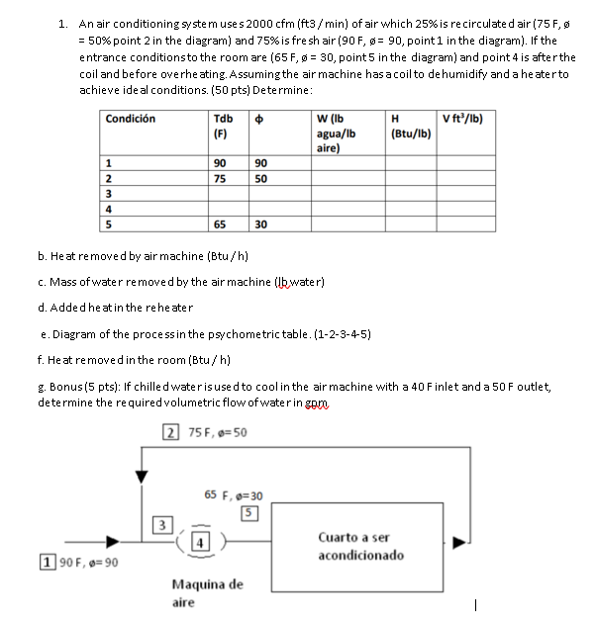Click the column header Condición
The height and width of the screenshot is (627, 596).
point(133,120)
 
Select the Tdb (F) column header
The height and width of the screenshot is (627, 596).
point(224,127)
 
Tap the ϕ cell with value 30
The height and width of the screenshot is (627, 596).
point(259,225)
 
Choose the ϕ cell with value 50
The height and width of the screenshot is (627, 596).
point(259,179)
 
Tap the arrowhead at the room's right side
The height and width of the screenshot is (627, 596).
point(457,542)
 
